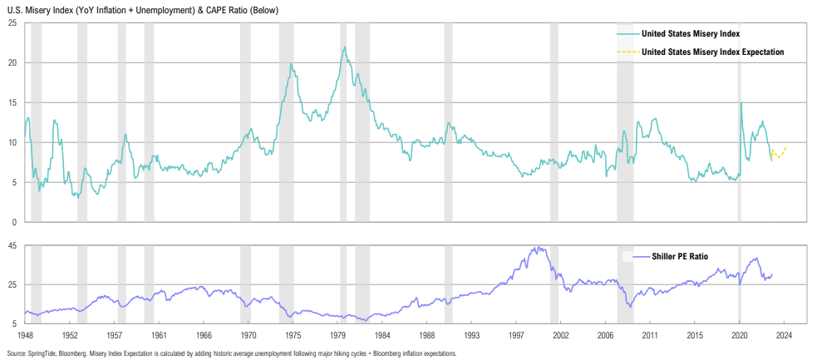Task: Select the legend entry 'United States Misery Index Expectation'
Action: pyautogui.click(x=713, y=52)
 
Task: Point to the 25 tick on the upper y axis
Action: pyautogui.click(x=12, y=23)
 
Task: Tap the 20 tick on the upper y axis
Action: pyautogui.click(x=12, y=63)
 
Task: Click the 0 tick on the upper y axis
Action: pyautogui.click(x=15, y=222)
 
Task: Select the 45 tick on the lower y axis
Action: pyautogui.click(x=12, y=246)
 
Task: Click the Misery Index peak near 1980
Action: pyautogui.click(x=344, y=47)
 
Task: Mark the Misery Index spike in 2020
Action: pyautogui.click(x=741, y=103)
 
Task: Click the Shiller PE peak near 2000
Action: pyautogui.click(x=538, y=248)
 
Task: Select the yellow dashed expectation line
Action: pyautogui.click(x=779, y=153)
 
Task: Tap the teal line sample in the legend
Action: pyautogui.click(x=627, y=34)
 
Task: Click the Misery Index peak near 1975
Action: pyautogui.click(x=292, y=64)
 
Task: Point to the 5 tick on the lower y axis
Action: pyautogui.click(x=15, y=323)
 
